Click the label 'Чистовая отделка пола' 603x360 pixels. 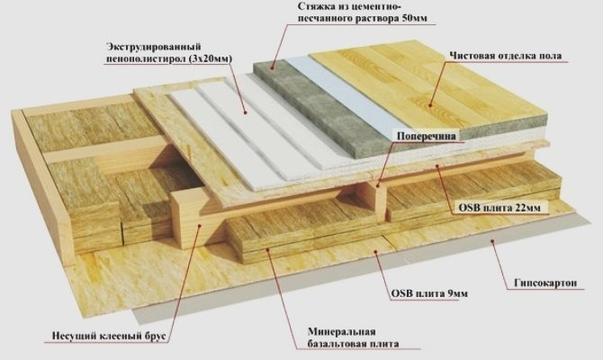tap(505, 56)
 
